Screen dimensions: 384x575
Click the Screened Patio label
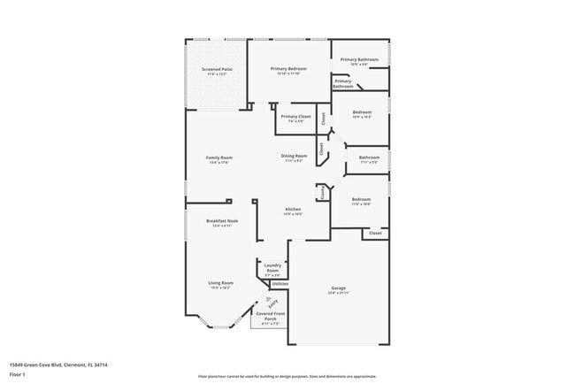coord(216,69)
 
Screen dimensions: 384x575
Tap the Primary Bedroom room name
coord(289,68)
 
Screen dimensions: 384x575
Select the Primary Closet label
coord(295,117)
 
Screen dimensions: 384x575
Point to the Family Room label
coord(218,157)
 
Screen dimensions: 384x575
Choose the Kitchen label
coord(293,210)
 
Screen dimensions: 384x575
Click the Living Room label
coord(220,283)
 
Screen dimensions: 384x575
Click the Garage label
coord(338,288)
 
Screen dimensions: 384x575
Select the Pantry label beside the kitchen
coord(324,191)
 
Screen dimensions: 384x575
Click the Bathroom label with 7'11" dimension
coord(368,157)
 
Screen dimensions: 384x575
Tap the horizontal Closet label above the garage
coord(374,233)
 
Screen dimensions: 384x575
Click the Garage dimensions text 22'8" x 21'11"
coord(338,293)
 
